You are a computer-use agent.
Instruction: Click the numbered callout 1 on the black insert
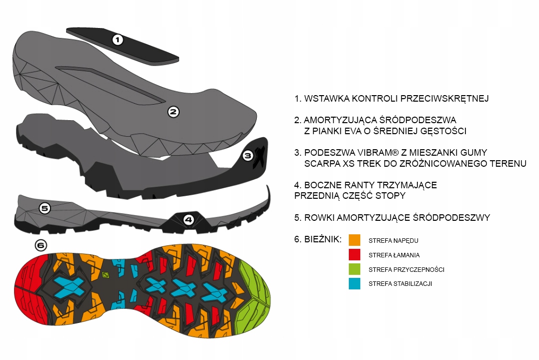[x=117, y=40]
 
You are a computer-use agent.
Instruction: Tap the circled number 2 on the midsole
[x=173, y=112]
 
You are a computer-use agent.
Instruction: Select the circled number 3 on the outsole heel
[x=248, y=156]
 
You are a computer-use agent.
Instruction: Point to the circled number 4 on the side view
[x=188, y=219]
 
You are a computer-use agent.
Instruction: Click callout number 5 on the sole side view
[x=45, y=208]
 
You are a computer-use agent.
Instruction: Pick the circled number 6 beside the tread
[x=41, y=245]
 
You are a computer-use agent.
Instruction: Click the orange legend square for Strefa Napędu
[x=355, y=240]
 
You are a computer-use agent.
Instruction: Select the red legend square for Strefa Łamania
[x=355, y=255]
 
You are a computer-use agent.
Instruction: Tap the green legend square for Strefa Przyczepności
[x=355, y=269]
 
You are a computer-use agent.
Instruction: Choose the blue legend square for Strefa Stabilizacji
[x=355, y=283]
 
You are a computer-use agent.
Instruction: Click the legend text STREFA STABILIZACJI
[x=400, y=284]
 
